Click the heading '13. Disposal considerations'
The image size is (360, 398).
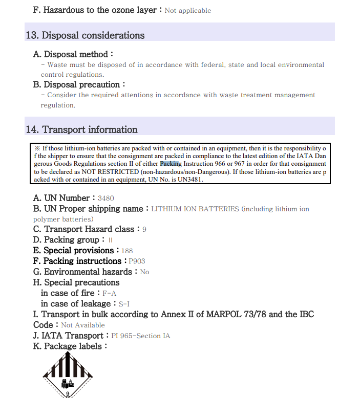tap(85, 35)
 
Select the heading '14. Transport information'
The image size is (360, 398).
tap(82, 129)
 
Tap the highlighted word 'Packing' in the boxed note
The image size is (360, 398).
tap(171, 164)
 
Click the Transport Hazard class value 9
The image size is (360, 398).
tap(144, 230)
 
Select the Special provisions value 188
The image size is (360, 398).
tap(128, 251)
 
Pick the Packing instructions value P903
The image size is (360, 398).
tap(137, 261)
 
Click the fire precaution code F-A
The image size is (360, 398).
tap(109, 294)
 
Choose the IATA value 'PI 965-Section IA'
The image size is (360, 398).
tap(140, 336)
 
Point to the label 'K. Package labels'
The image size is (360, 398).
tap(70, 346)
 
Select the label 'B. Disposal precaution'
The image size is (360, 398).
tap(79, 84)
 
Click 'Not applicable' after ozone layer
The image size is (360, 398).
tap(187, 10)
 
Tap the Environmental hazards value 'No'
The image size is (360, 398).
tap(144, 272)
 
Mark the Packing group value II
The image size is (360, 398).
tap(110, 240)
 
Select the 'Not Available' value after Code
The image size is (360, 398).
tap(82, 325)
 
